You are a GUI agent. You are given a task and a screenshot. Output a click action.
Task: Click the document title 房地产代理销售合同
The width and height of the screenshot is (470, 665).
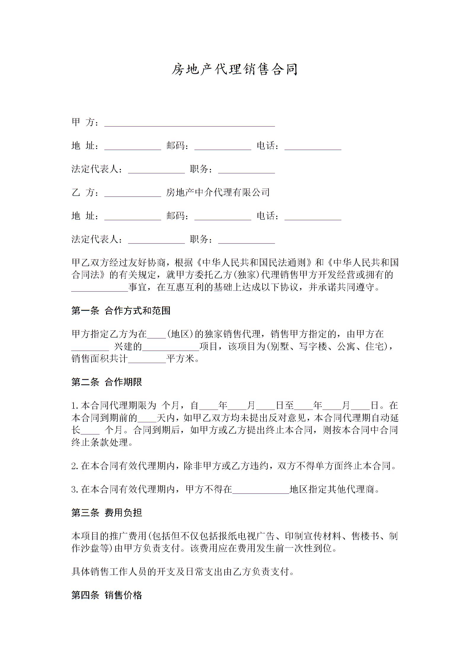[x=235, y=70]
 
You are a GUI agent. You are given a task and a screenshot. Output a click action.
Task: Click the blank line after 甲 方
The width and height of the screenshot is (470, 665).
[x=189, y=124]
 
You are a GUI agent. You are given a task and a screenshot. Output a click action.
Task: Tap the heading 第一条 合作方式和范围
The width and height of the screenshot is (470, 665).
[x=121, y=311]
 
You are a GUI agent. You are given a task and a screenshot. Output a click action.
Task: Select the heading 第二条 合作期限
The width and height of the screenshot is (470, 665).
[x=107, y=382]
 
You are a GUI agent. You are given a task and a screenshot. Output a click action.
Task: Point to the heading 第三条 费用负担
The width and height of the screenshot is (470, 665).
[x=107, y=512]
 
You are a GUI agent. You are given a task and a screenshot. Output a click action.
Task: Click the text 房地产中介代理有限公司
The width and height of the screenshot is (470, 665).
[x=218, y=193]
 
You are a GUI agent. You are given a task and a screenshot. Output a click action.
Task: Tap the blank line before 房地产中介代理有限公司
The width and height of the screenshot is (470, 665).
[x=132, y=194]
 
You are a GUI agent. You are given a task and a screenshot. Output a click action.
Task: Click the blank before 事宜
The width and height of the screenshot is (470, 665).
[x=100, y=289]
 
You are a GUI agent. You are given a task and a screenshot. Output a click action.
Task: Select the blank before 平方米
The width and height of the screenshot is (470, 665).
[x=147, y=361]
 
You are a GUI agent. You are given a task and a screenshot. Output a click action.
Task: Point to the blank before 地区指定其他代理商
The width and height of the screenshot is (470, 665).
[x=261, y=491]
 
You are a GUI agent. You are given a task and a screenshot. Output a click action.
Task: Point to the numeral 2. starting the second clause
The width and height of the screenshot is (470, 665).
[x=75, y=466]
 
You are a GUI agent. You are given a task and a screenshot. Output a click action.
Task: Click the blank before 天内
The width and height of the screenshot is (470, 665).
[x=147, y=420]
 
